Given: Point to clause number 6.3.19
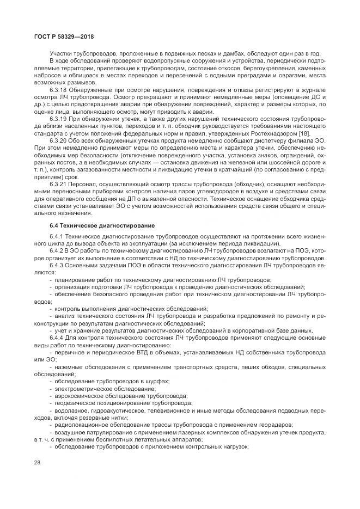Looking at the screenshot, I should (58, 118).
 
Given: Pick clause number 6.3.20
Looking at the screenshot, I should (58, 140).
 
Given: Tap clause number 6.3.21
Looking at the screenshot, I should (58, 184).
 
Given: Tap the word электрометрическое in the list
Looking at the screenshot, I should (81, 389).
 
